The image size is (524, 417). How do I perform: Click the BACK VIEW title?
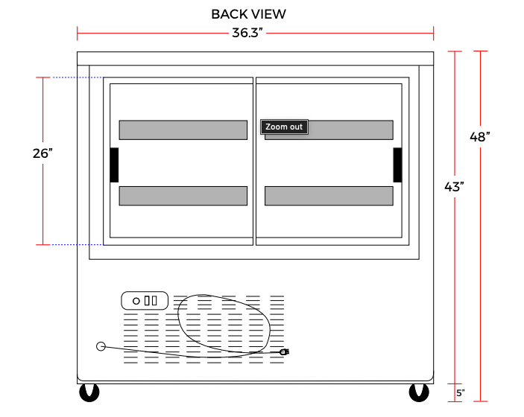pyautogui.click(x=249, y=14)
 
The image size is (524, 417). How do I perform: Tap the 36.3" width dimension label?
pyautogui.click(x=247, y=33)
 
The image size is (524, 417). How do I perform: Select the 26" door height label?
pyautogui.click(x=42, y=153)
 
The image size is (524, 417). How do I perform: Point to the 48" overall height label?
pyautogui.click(x=479, y=136)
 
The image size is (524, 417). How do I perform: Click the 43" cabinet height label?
pyautogui.click(x=454, y=187)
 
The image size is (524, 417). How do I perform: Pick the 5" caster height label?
pyautogui.click(x=461, y=393)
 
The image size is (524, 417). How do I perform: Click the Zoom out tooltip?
pyautogui.click(x=284, y=127)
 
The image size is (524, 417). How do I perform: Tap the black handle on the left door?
pyautogui.click(x=114, y=165)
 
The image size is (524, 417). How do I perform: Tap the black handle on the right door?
pyautogui.click(x=397, y=165)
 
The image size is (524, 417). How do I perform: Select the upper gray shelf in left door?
pyautogui.click(x=183, y=130)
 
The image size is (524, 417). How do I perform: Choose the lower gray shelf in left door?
pyautogui.click(x=183, y=196)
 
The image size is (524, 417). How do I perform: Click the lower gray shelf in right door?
pyautogui.click(x=329, y=196)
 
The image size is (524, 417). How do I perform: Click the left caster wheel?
pyautogui.click(x=89, y=392)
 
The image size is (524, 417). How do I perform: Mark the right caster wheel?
pyautogui.click(x=419, y=392)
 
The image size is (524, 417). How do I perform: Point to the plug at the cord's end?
pyautogui.click(x=285, y=352)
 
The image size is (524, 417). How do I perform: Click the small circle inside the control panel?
pyautogui.click(x=136, y=301)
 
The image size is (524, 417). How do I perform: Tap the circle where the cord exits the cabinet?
pyautogui.click(x=101, y=346)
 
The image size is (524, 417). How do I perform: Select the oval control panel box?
pyautogui.click(x=145, y=301)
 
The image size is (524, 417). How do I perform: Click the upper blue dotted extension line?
pyautogui.click(x=78, y=77)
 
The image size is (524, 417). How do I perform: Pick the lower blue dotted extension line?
pyautogui.click(x=77, y=245)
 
